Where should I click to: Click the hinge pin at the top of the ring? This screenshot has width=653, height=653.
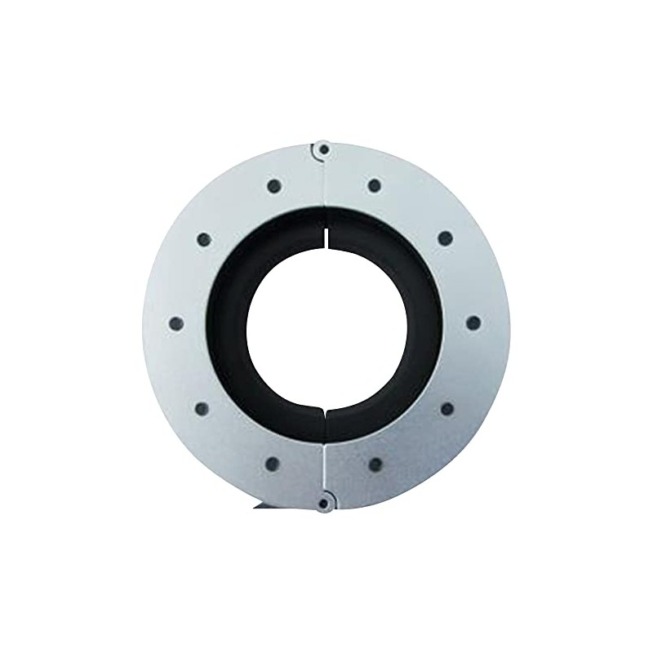pyautogui.click(x=324, y=150)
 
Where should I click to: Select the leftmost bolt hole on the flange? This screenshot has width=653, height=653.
pyautogui.click(x=175, y=323)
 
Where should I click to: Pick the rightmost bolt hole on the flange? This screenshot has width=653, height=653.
pyautogui.click(x=473, y=322)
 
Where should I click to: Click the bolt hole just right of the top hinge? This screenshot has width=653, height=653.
pyautogui.click(x=374, y=185)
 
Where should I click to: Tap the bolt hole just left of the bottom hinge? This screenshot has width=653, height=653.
pyautogui.click(x=273, y=464)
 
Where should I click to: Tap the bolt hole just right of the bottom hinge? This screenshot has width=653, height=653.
pyautogui.click(x=375, y=464)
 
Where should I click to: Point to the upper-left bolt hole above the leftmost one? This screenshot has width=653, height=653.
pyautogui.click(x=204, y=240)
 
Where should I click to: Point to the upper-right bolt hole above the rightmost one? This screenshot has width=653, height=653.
pyautogui.click(x=445, y=238)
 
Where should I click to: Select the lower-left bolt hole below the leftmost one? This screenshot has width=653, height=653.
pyautogui.click(x=202, y=407)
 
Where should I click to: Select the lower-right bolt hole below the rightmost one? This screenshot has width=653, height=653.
pyautogui.click(x=446, y=407)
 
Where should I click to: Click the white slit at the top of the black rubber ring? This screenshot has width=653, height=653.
pyautogui.click(x=325, y=231)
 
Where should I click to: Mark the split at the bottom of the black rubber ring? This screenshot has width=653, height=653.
pyautogui.click(x=325, y=415)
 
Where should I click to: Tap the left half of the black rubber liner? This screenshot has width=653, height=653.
pyautogui.click(x=229, y=323)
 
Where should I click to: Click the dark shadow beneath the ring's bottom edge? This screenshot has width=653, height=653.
pyautogui.click(x=266, y=507)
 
